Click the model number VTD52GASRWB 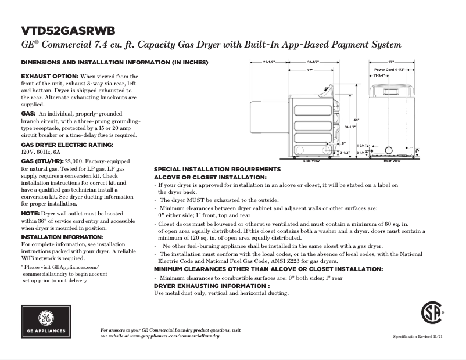pos(67,30)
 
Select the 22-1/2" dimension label pos(268,62)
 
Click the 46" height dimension pos(356,120)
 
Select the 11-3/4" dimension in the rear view pos(379,75)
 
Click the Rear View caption pos(392,161)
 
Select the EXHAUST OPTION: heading pos(49,77)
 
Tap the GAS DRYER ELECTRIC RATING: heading pos(67,144)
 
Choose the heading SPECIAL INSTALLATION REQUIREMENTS pos(217,169)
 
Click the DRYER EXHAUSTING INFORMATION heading pos(212,286)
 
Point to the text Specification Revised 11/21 pos(417,337)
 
